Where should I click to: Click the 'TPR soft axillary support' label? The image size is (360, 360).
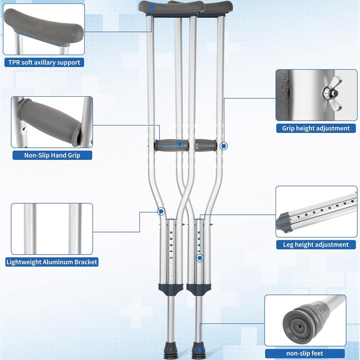tap(44, 63)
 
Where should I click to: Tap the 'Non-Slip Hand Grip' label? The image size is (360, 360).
tap(52, 155)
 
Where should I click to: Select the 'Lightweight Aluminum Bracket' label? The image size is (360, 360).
tap(52, 262)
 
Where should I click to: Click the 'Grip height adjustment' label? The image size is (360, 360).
tap(316, 128)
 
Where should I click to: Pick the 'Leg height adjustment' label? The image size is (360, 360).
tap(316, 244)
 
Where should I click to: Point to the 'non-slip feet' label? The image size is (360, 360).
tap(305, 353)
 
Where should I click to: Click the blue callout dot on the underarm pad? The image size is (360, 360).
tap(152, 6)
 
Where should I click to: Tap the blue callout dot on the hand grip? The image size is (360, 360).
tap(180, 144)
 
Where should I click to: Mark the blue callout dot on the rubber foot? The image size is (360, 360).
tap(199, 350)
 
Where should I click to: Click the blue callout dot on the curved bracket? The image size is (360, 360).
tap(161, 211)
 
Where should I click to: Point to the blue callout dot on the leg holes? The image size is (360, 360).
tap(199, 258)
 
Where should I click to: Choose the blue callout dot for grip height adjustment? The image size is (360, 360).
tap(223, 146)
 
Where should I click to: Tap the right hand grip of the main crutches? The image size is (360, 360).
tap(206, 144)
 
